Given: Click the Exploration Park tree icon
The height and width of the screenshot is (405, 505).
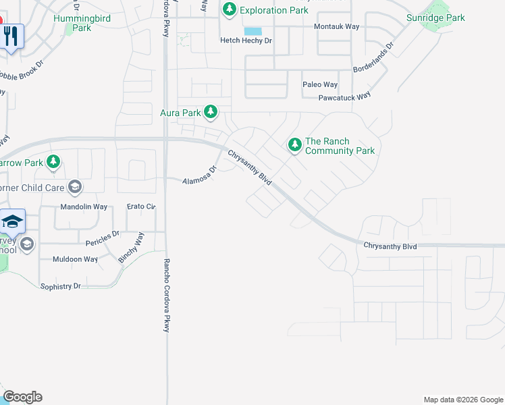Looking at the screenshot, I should click(230, 9).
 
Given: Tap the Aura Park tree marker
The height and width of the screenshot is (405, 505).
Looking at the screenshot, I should click(211, 111).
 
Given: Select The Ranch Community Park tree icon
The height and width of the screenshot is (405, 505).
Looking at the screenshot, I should click(294, 144).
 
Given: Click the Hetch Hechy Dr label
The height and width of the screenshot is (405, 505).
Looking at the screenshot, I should click(246, 40).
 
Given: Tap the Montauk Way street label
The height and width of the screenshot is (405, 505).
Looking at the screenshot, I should click(336, 26).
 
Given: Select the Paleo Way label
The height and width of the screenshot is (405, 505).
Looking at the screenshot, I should click(320, 84).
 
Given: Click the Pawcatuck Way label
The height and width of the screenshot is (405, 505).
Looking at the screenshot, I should click(344, 97).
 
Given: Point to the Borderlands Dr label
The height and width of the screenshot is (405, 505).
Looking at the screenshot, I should click(373, 59).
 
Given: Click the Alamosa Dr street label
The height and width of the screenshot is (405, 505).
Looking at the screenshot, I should click(200, 175).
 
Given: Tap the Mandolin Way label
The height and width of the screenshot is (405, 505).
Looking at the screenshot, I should click(84, 207).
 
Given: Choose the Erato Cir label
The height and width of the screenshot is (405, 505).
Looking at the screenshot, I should click(141, 207).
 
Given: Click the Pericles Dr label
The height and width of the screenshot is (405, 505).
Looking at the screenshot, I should click(103, 238).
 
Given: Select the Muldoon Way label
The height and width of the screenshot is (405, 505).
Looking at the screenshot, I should click(75, 259).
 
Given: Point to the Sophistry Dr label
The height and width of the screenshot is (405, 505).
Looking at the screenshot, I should click(60, 286).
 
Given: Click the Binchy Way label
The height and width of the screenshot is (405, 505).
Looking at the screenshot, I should click(131, 248).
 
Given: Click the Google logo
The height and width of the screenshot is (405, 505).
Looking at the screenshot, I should click(22, 397).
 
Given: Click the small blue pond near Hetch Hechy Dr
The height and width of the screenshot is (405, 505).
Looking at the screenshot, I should click(253, 31).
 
